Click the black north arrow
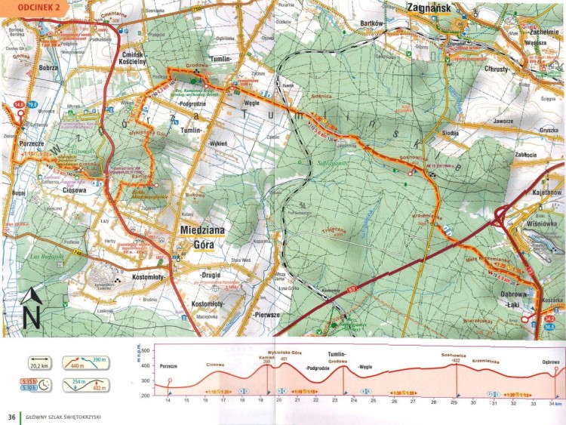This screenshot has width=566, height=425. [x=29, y=307]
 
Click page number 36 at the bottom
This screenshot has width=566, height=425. [x=11, y=416]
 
